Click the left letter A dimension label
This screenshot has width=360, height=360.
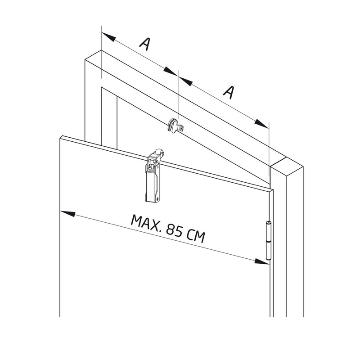point(144,44)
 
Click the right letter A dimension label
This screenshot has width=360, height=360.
point(229,92)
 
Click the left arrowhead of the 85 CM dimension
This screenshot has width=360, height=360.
point(67,213)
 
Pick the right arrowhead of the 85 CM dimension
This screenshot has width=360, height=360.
point(262,261)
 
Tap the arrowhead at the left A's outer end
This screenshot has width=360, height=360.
point(108,37)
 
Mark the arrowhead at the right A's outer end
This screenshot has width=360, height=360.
point(261,123)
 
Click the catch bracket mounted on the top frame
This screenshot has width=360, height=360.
point(175,126)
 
